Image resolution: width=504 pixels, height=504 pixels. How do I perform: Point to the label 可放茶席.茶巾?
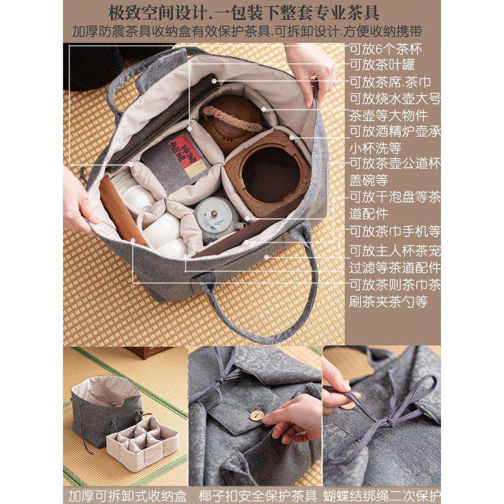(390, 82)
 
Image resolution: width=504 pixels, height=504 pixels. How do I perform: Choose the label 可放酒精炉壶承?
(395, 132)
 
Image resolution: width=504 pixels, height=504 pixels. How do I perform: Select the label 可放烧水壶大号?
(395, 98)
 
